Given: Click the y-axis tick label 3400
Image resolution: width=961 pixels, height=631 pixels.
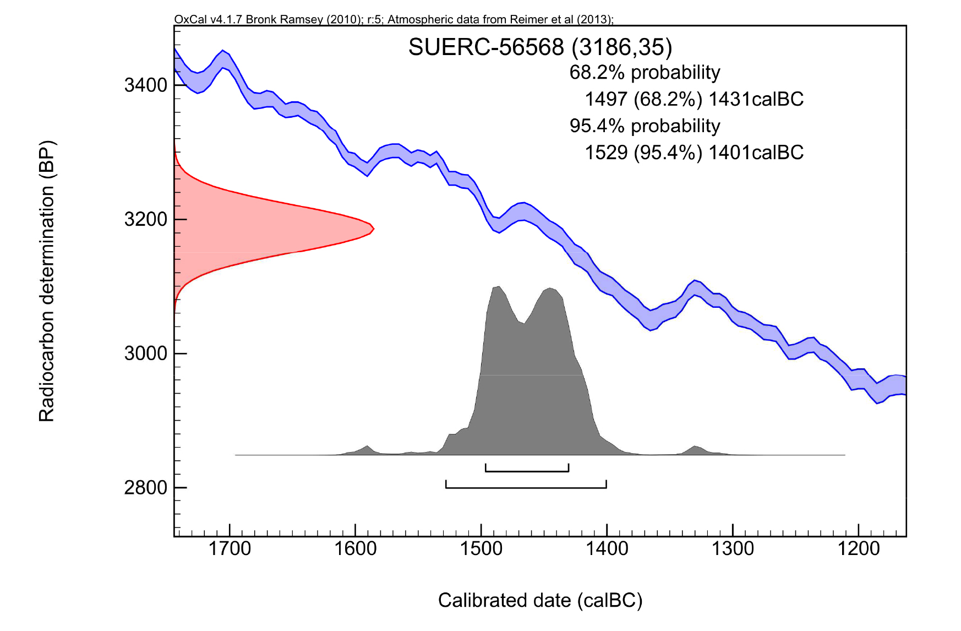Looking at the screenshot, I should coord(145,85).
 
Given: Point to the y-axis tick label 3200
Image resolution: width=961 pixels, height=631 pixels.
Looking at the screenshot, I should coord(145,220).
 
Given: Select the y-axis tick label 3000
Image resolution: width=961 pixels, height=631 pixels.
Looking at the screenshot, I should coord(145,353).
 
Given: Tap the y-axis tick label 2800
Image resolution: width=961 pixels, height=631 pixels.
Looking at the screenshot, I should coord(145,488).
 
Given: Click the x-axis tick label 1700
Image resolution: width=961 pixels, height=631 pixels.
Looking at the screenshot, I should coord(230,549).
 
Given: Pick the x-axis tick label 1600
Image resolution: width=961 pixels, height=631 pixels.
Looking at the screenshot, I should coord(356,549).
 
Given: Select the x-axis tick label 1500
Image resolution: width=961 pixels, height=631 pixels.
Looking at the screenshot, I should coord(482,549).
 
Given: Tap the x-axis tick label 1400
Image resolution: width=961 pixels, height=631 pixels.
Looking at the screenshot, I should coord(607,549).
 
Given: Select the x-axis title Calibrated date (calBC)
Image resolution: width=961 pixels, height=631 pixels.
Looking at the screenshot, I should coord(540,600).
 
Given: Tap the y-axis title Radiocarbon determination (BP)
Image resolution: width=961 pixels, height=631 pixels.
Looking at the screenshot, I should coord(47,281).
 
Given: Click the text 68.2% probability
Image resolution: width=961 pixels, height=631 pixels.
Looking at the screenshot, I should coord(645,73).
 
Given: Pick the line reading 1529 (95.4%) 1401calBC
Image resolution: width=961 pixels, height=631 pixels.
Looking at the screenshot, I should coord(694,153).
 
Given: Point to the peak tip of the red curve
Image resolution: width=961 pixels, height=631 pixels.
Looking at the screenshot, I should coord(373,229).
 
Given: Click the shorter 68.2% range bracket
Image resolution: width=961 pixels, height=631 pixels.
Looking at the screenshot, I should coord(527,471).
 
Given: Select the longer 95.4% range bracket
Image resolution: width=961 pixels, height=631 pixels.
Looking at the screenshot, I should coord(526,487).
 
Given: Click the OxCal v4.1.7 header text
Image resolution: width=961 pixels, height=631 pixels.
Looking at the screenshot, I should coord(394,20).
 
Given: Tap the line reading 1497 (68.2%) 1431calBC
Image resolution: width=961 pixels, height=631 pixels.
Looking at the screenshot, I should coord(694,100).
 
